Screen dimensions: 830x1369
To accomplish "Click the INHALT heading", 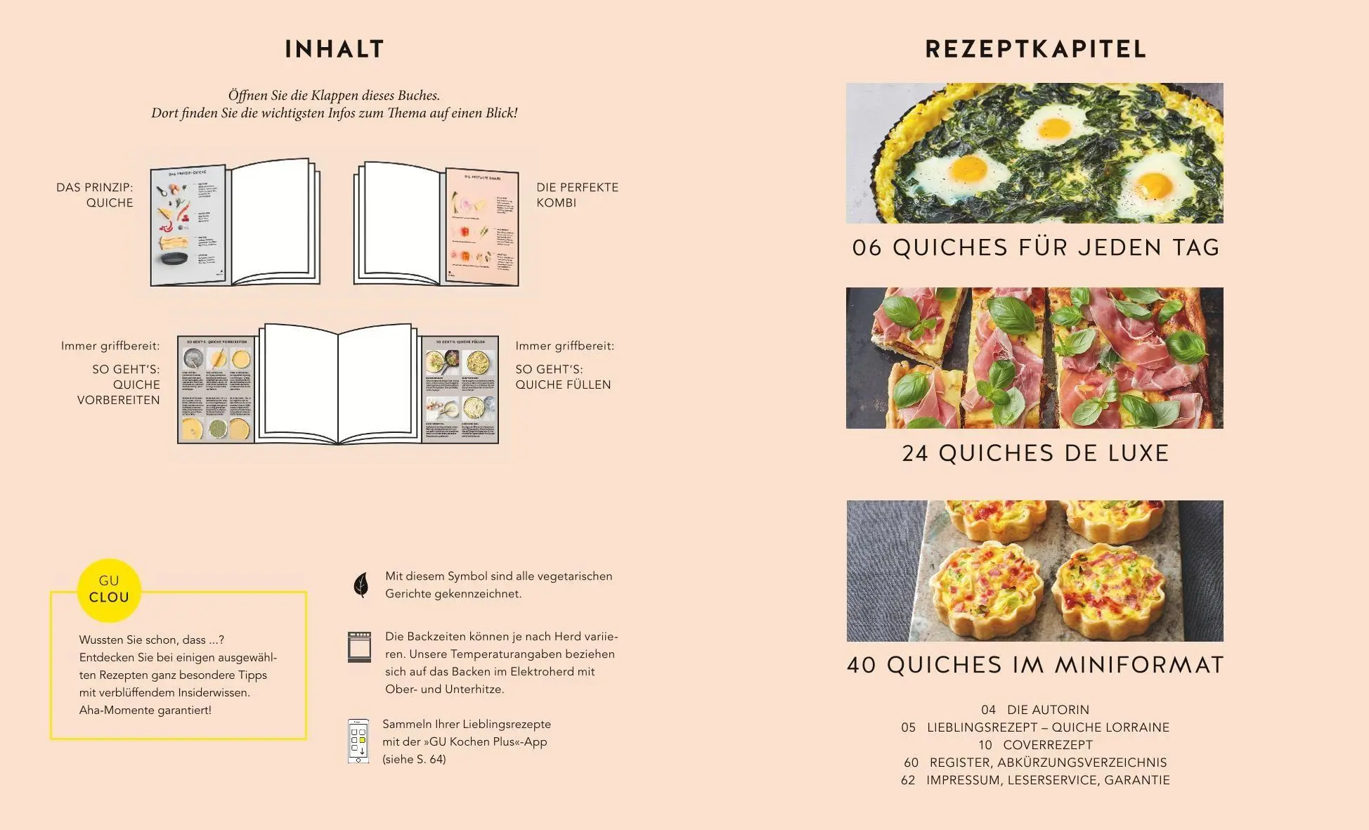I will click(335, 49).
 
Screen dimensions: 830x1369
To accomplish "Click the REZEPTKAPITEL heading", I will click(1035, 49).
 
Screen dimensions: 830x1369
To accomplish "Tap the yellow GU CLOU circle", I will click(109, 590).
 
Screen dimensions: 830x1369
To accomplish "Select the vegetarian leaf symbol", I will click(361, 585).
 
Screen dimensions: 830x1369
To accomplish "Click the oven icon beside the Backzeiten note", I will click(359, 647).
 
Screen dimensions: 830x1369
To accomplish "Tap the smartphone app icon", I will click(358, 741).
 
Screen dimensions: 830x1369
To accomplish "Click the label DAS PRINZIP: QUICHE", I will click(96, 195).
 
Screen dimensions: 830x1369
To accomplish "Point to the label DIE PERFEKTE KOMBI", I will click(577, 195).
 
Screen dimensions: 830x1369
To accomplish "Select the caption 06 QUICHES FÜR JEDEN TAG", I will click(1035, 247).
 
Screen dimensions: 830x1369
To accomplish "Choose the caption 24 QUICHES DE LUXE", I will click(1035, 453).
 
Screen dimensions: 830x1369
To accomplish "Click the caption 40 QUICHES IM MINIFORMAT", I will click(1035, 665).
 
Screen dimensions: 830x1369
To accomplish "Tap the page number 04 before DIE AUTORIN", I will click(988, 710).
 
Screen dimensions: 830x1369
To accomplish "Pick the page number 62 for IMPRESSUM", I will click(908, 780).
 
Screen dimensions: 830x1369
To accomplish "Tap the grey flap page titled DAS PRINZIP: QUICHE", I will click(188, 225).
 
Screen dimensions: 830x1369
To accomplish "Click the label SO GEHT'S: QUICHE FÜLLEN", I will click(563, 377).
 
